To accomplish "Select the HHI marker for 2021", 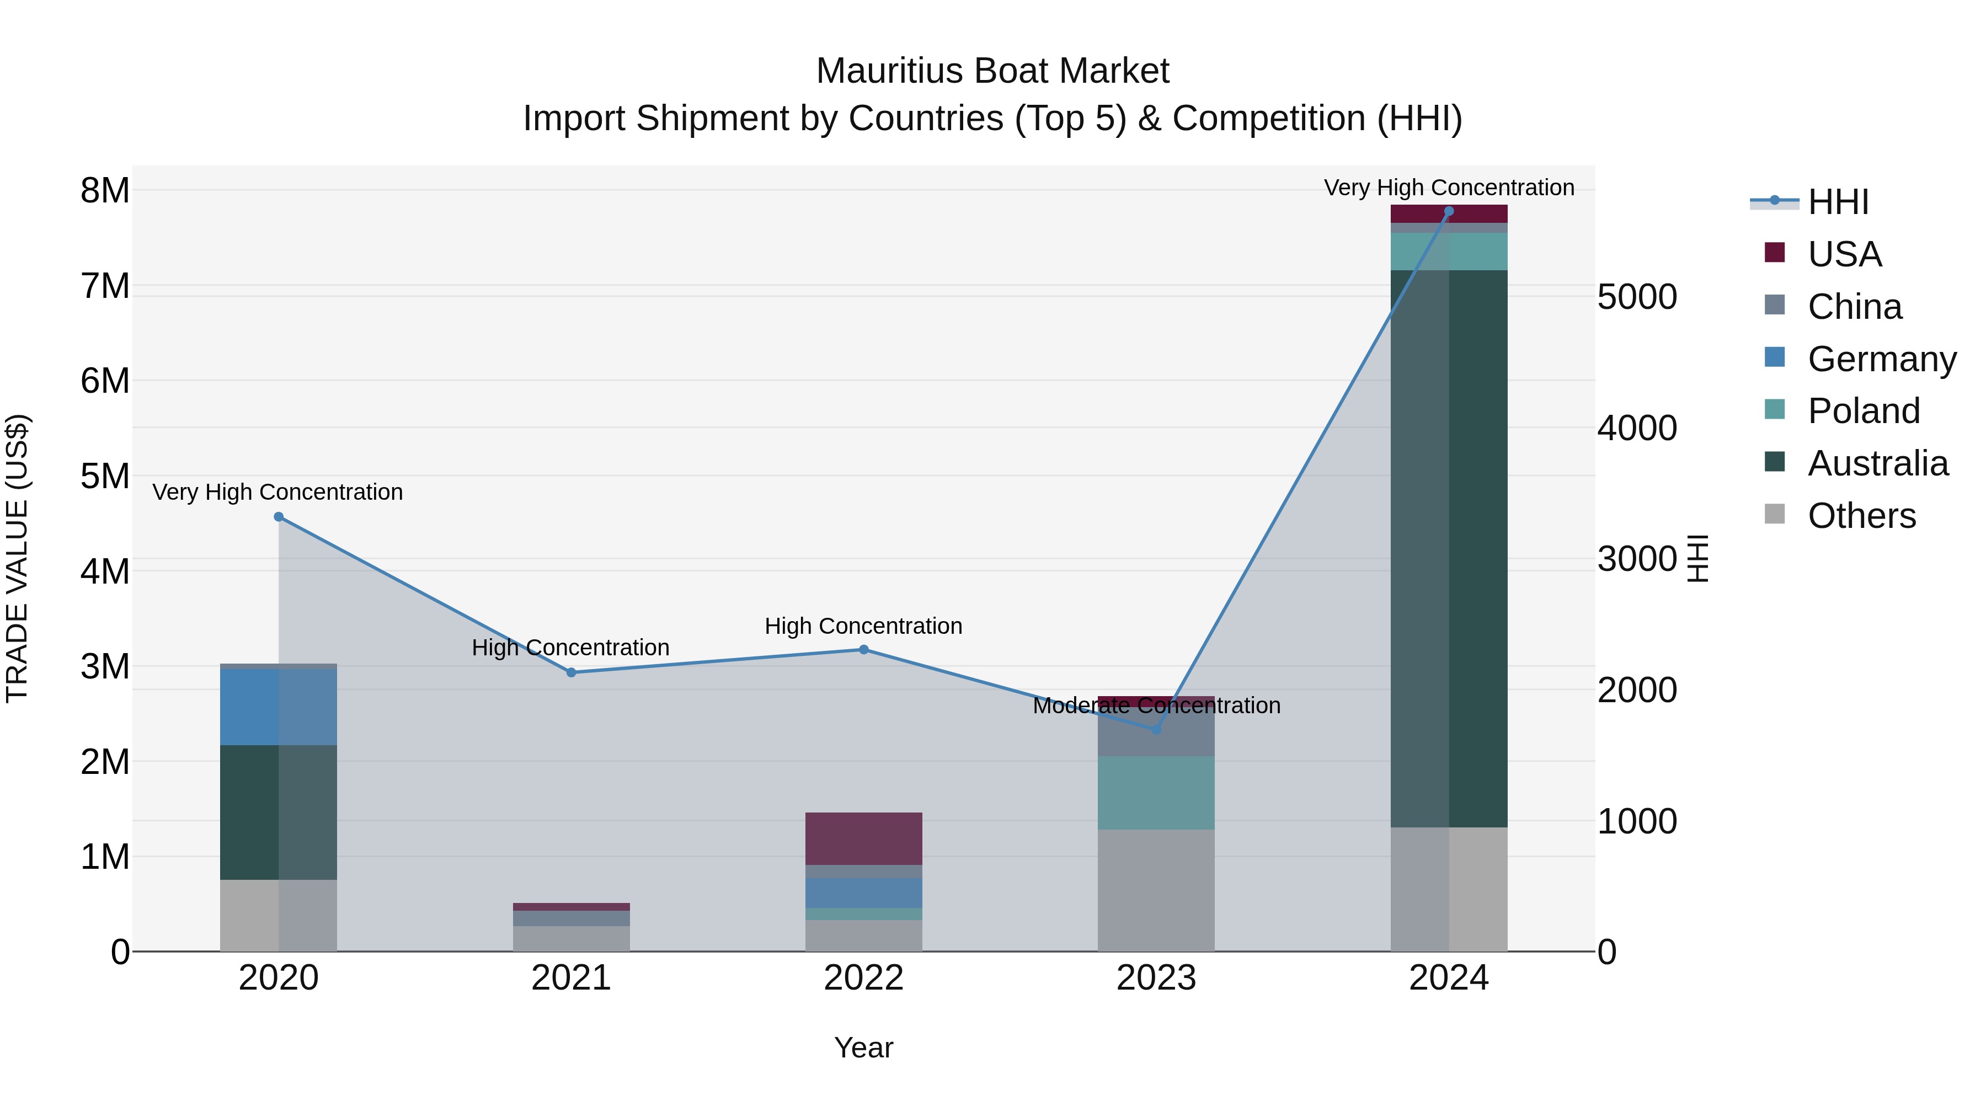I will (x=572, y=672).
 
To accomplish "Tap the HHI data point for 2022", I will (x=863, y=650).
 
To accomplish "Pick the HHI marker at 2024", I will (x=1449, y=211).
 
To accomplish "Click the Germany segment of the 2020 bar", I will (x=279, y=707).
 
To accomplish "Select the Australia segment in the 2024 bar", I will (x=1449, y=548).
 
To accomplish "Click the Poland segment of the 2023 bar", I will (x=1156, y=793).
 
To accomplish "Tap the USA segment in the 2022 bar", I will (x=863, y=838).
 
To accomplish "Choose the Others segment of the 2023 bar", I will (x=1156, y=890).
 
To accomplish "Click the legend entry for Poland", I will (x=1864, y=411).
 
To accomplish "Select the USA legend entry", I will (x=1844, y=254).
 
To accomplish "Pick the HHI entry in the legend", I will (x=1838, y=202).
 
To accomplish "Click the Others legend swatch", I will (x=1775, y=514).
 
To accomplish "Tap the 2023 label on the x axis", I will (x=1156, y=978).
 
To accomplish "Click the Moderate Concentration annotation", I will (x=1156, y=706).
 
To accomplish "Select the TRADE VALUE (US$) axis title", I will (x=17, y=558).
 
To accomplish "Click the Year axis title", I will (x=863, y=1047).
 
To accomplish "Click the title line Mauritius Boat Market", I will (x=992, y=71).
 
